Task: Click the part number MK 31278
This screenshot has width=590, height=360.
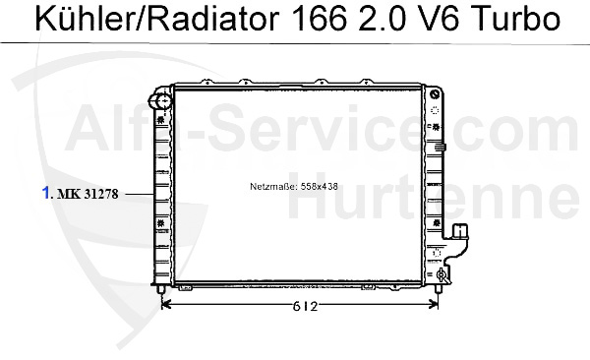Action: (x=88, y=194)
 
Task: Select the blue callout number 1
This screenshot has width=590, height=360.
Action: (x=46, y=193)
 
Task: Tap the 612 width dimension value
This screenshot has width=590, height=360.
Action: (x=305, y=306)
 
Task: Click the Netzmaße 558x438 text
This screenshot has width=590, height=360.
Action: (x=294, y=187)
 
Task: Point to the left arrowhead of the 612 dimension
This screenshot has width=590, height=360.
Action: (x=165, y=305)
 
